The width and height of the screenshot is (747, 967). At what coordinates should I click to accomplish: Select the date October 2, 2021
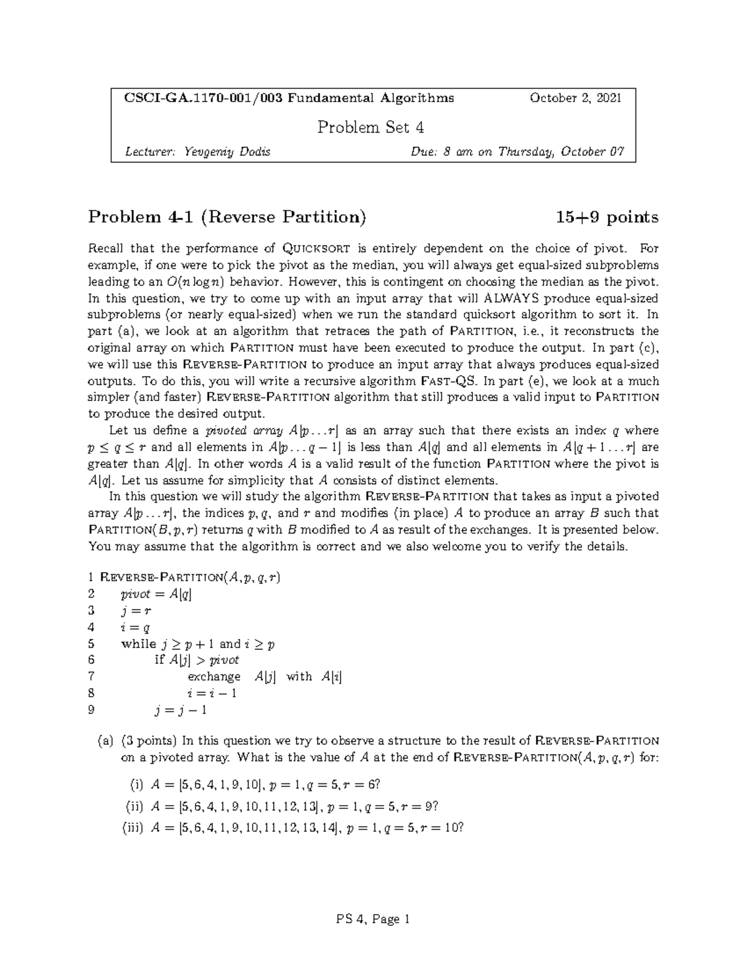pyautogui.click(x=575, y=98)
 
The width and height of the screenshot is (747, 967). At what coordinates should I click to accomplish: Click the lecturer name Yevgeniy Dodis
pyautogui.click(x=227, y=151)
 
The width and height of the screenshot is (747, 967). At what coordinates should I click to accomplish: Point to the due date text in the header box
pyautogui.click(x=517, y=151)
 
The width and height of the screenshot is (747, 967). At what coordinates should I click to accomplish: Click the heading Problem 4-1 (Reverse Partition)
pyautogui.click(x=227, y=217)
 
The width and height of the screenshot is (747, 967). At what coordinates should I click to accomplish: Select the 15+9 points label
pyautogui.click(x=607, y=217)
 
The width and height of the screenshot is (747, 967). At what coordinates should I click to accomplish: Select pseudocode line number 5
pyautogui.click(x=92, y=644)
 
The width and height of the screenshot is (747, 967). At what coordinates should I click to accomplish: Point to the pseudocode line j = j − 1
pyautogui.click(x=181, y=710)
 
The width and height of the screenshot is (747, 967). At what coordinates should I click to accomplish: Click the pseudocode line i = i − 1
pyautogui.click(x=212, y=693)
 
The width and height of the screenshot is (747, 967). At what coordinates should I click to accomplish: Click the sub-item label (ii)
pyautogui.click(x=134, y=806)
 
